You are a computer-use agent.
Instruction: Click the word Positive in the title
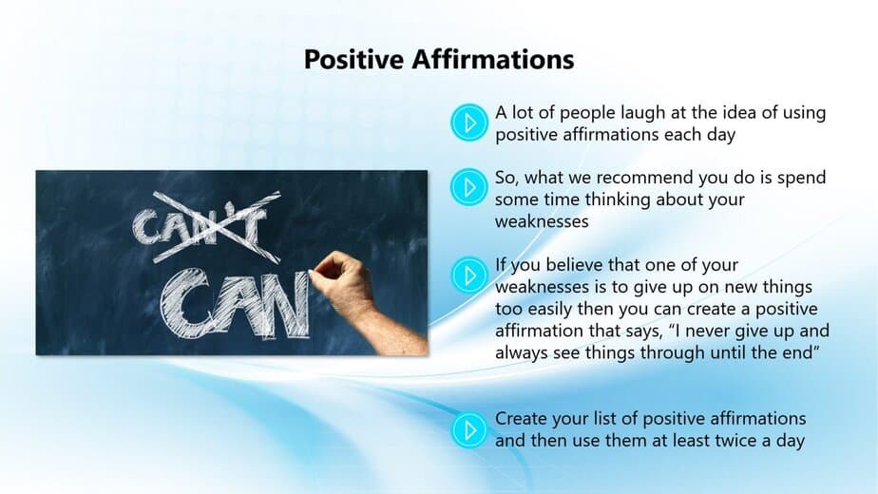[353, 59]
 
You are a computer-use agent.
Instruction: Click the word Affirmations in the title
[493, 59]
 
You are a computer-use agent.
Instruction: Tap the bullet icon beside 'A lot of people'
[468, 123]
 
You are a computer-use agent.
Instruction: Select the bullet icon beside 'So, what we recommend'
[468, 187]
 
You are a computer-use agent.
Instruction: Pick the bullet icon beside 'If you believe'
[468, 275]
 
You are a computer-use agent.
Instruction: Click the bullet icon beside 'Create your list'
[468, 429]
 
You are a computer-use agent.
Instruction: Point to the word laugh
[641, 114]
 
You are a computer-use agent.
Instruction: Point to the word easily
[550, 310]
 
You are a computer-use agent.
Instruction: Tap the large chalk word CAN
[236, 304]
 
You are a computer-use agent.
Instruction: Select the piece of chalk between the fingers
[311, 273]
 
